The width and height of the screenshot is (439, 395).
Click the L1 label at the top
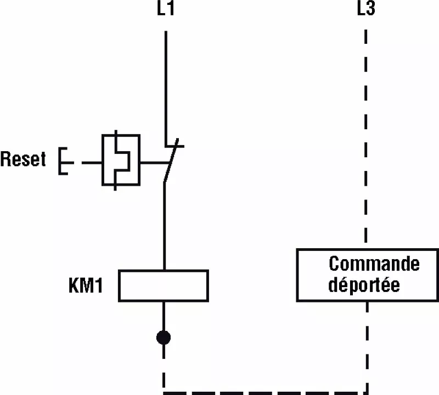[x=165, y=9]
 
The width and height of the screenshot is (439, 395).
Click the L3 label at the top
[x=365, y=9]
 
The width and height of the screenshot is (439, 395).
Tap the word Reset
[x=23, y=159]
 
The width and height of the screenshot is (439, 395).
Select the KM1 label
[x=86, y=286]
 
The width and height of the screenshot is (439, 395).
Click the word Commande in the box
[x=374, y=264]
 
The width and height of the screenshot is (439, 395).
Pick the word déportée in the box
[x=364, y=285]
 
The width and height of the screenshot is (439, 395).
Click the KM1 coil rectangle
[x=164, y=285]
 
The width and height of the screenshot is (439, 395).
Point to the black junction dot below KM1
[x=164, y=337]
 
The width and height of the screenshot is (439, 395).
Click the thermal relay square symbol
[x=121, y=160]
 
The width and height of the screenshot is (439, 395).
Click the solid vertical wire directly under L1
[x=165, y=82]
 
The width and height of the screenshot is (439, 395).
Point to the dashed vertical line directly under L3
[x=366, y=137]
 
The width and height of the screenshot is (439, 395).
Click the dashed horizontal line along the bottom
[x=263, y=392]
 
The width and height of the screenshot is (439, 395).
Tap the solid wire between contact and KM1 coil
[x=164, y=225]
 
